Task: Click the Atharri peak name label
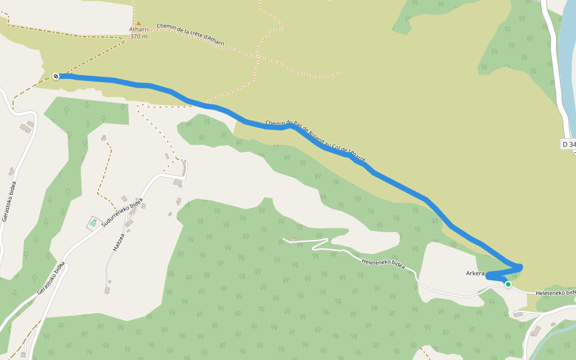[138, 29]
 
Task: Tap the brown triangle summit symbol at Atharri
[138, 23]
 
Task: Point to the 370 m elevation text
[139, 37]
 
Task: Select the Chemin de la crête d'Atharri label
[190, 35]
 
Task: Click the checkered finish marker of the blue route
[56, 76]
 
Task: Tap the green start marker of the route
[508, 284]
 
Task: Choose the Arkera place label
[475, 274]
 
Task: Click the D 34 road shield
[569, 144]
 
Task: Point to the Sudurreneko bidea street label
[122, 212]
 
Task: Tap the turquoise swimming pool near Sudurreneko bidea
[93, 223]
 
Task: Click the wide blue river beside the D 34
[566, 60]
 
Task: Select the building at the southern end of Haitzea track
[107, 290]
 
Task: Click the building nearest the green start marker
[517, 314]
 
